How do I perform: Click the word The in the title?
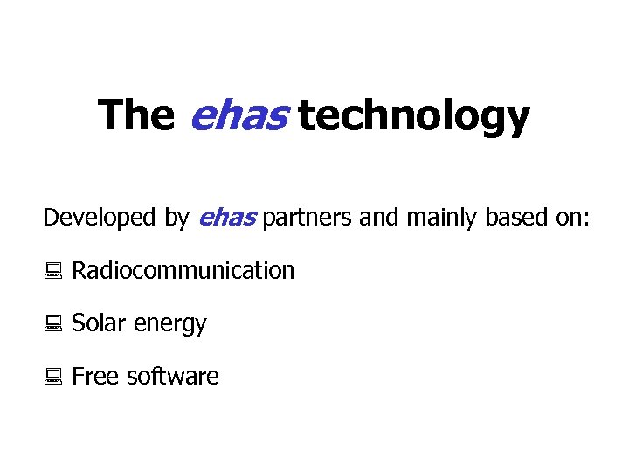coord(135,115)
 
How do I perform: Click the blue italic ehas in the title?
coord(238,115)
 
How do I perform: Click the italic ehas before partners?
coord(227,218)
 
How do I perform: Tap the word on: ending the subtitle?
coord(569,218)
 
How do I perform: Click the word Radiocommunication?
coord(183,271)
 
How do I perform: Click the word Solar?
coord(99,323)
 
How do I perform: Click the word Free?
coord(95,377)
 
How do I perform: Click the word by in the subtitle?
coord(176,219)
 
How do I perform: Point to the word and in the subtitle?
coord(377,218)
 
